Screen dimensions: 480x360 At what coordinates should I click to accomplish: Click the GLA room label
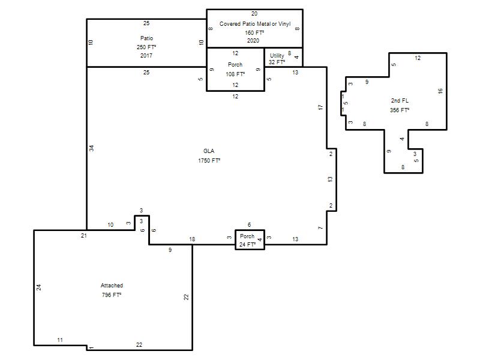[x=209, y=151]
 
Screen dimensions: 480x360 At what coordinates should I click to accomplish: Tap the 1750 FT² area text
[x=209, y=160]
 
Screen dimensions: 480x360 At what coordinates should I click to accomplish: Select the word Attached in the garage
[x=112, y=286]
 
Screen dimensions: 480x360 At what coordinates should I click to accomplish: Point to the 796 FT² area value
[x=112, y=295]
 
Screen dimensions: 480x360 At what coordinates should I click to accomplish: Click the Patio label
[x=146, y=38]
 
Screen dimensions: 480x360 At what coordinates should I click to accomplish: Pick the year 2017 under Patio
[x=146, y=55]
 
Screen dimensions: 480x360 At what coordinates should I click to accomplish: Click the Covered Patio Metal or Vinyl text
[x=255, y=24]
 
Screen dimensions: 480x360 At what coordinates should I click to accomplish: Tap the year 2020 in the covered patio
[x=253, y=40]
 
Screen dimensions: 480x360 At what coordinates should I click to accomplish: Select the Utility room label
[x=277, y=56]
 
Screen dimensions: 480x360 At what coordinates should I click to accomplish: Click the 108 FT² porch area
[x=235, y=74]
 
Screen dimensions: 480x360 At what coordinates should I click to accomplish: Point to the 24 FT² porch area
[x=247, y=244]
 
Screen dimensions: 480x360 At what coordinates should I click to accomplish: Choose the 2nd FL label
[x=400, y=100]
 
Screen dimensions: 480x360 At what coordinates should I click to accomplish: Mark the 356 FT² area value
[x=400, y=110]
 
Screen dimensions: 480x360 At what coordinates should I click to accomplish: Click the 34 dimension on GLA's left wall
[x=92, y=148]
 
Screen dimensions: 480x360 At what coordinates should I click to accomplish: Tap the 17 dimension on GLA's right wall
[x=320, y=107]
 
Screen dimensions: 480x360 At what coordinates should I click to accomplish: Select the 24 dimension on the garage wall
[x=39, y=287]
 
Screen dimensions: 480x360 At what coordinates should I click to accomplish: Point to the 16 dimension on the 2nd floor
[x=440, y=91]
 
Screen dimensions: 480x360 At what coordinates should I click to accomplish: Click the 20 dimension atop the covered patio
[x=254, y=14]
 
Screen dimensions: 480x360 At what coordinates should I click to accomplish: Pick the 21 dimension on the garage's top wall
[x=84, y=235]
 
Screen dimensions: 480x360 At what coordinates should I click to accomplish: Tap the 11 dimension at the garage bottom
[x=60, y=340]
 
